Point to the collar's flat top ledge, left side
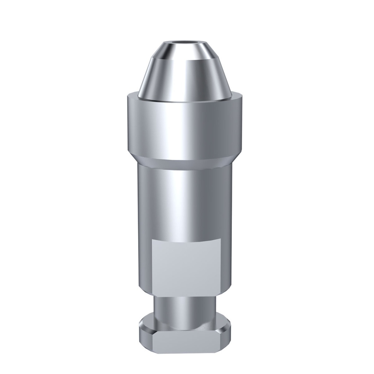(x=134, y=96)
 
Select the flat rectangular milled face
(x=186, y=263)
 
